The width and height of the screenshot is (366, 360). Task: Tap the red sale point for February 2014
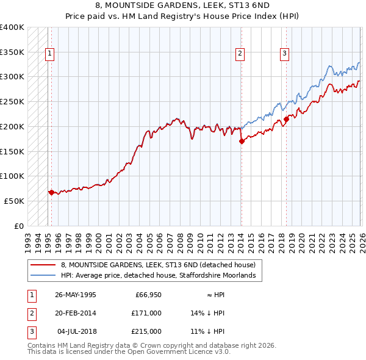[242, 141]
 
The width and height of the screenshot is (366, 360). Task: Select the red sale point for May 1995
[51, 192]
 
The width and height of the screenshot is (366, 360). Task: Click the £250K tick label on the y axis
[12, 102]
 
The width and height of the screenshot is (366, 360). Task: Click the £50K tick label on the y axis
[14, 201]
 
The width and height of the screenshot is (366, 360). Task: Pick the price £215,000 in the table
[146, 331]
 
